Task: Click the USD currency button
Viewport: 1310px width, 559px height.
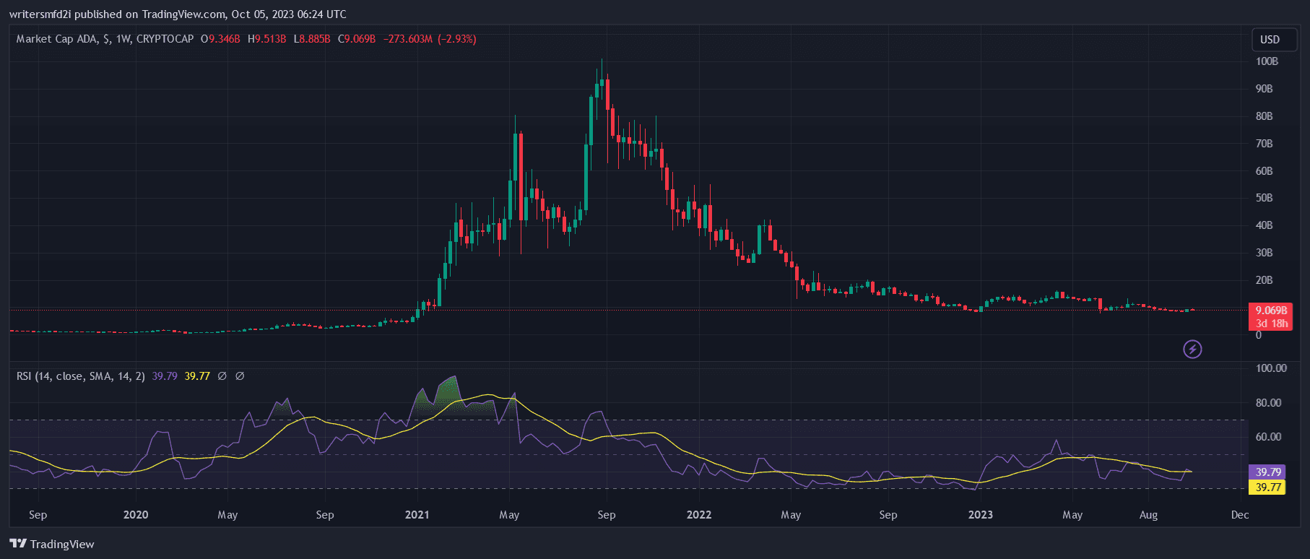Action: click(1270, 40)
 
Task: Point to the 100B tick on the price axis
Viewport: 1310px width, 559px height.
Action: click(1267, 61)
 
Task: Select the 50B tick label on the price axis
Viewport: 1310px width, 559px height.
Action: click(1264, 198)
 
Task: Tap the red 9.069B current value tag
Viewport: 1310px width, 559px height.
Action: click(1270, 311)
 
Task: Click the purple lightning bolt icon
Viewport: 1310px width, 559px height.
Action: click(1192, 350)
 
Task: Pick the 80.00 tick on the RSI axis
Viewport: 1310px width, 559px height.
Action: click(1268, 403)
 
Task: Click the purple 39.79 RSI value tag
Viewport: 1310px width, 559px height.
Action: click(1268, 472)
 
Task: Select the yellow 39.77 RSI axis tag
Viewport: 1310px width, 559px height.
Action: click(1268, 487)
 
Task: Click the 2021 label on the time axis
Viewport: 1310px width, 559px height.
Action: click(417, 515)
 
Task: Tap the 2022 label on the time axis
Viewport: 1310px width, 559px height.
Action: click(698, 515)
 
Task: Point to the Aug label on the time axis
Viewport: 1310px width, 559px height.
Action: click(1148, 515)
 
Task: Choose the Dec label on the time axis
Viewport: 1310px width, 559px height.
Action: click(1240, 515)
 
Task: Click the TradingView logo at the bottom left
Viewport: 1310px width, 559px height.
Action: click(52, 544)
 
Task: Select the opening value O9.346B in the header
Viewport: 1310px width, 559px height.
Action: click(220, 39)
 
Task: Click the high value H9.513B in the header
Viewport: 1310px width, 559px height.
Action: click(266, 39)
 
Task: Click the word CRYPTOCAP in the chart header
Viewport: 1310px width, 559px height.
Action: click(165, 39)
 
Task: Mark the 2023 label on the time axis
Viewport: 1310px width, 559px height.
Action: click(980, 515)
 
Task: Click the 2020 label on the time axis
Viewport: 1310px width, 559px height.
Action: click(136, 515)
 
